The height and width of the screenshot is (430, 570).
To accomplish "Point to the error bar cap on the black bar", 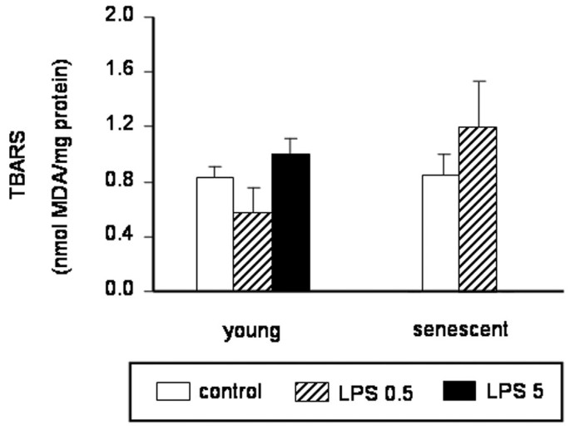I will (x=290, y=139).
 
